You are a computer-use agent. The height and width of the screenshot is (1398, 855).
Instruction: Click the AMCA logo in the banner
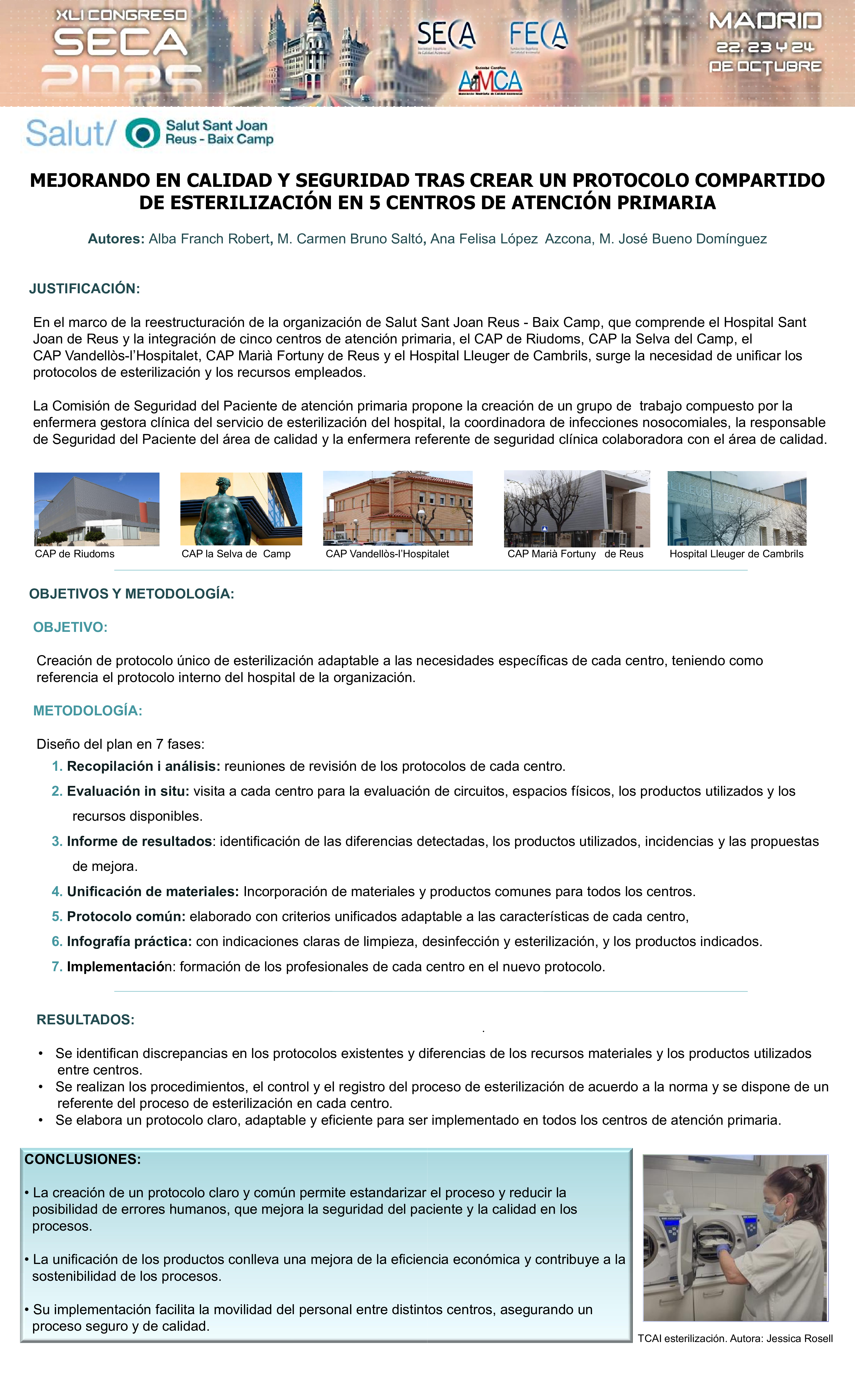pos(490,81)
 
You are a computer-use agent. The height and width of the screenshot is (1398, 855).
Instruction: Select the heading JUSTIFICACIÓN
pos(84,288)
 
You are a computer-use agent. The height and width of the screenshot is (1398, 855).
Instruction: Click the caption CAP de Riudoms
pos(74,554)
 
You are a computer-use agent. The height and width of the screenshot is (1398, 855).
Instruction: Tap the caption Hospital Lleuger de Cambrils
pos(736,554)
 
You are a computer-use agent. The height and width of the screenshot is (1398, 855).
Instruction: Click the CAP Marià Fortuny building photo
pos(577,508)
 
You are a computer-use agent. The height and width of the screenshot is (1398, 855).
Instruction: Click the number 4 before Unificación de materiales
pos(56,891)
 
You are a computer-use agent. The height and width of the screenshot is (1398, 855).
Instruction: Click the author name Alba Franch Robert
pos(209,239)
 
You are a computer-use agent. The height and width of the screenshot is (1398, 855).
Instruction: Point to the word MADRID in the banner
pos(765,21)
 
